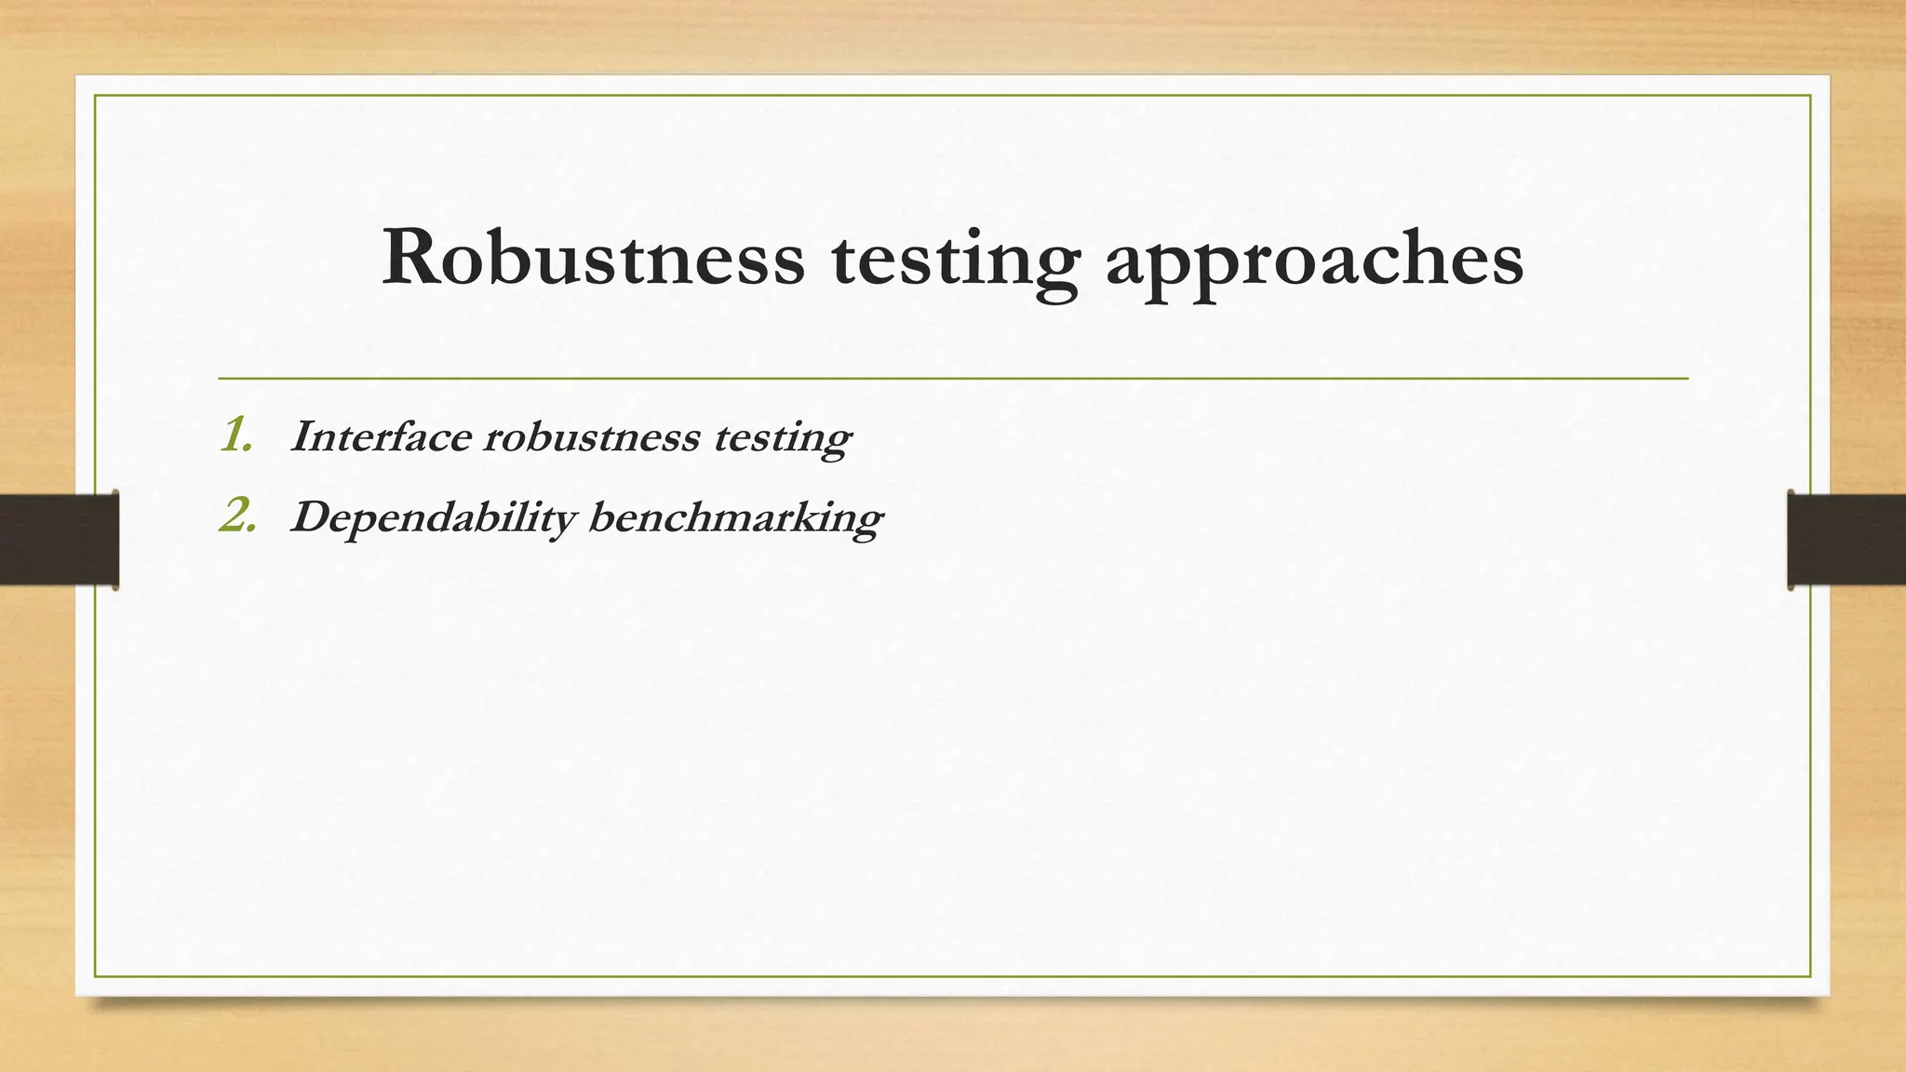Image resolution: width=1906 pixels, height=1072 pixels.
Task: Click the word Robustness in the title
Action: click(593, 258)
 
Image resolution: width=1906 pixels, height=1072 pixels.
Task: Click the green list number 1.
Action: click(236, 435)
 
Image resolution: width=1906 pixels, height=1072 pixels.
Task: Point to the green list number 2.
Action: click(237, 516)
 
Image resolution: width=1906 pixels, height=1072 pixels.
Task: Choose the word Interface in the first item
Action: click(380, 436)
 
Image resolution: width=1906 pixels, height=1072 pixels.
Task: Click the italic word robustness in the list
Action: click(591, 436)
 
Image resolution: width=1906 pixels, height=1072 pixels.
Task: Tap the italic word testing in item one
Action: click(782, 438)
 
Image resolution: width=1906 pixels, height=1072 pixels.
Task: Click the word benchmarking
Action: click(735, 517)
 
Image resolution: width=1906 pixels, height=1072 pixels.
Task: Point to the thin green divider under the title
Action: click(953, 379)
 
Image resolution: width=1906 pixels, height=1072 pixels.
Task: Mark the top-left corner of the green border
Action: click(96, 96)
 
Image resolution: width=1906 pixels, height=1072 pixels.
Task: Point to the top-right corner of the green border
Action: click(1810, 96)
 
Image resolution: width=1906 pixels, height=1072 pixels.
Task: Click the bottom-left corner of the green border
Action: click(96, 976)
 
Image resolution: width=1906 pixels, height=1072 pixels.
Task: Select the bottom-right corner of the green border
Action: click(1810, 976)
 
